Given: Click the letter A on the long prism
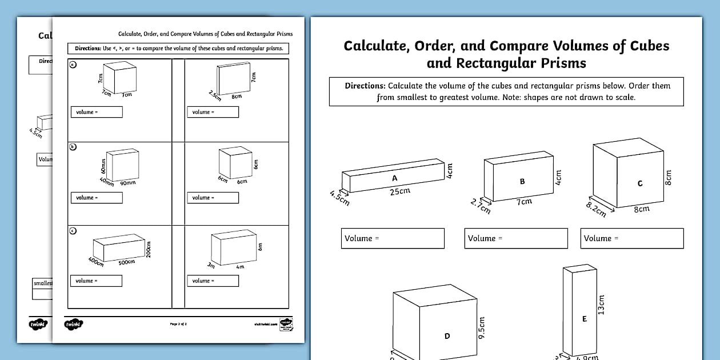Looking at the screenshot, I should (x=394, y=178).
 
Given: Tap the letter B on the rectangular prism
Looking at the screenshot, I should (x=522, y=182).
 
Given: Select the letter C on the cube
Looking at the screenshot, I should (x=640, y=183).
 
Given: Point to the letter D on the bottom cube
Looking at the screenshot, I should (x=447, y=336).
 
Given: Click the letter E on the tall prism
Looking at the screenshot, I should (x=584, y=319).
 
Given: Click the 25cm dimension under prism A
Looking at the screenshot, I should (x=400, y=191).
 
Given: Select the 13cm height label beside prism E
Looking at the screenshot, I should (x=601, y=304).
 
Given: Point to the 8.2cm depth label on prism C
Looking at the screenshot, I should (x=596, y=209).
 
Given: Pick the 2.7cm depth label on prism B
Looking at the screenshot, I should (x=480, y=206).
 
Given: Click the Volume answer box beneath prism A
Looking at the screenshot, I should (x=393, y=238).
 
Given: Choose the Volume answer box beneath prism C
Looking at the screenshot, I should (x=632, y=238).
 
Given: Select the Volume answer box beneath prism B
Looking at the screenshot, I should (x=516, y=238).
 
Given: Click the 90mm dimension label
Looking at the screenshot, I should (x=127, y=183).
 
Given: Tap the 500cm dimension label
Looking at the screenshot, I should (x=126, y=262).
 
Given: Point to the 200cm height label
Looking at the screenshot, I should (x=148, y=249).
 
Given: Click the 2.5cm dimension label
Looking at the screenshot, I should (x=215, y=95).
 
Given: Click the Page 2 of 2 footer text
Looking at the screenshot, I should (x=178, y=324).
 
